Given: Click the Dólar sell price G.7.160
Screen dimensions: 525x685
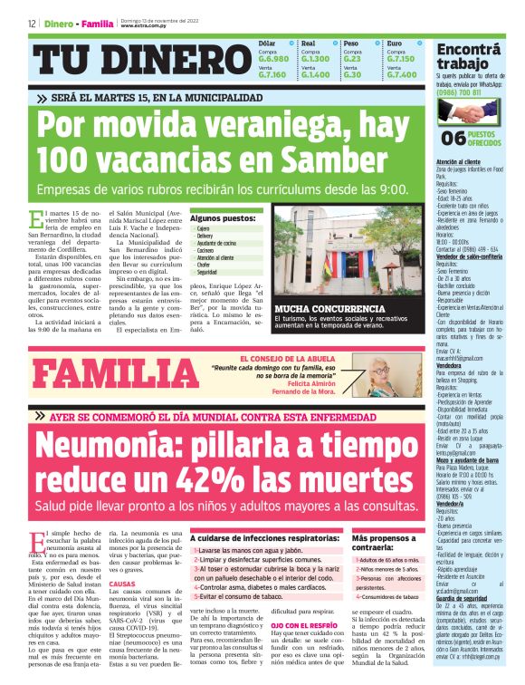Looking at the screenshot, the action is [x=272, y=74].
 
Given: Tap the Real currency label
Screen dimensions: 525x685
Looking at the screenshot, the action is [x=308, y=43].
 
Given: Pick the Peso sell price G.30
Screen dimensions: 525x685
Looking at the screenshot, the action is [x=352, y=74].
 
